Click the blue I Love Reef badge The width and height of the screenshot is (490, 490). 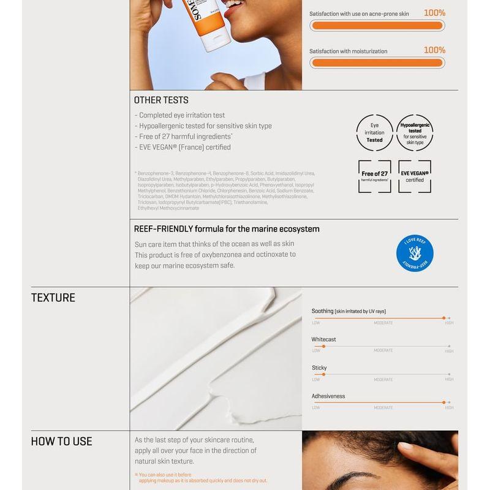coord(415,253)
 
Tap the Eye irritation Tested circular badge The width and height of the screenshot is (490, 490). coord(374,133)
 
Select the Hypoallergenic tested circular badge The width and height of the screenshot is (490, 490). coord(415,133)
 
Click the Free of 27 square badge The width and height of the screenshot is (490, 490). coord(374,176)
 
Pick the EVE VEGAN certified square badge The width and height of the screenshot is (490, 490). coord(415,176)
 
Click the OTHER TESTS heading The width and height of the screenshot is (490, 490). coord(161,100)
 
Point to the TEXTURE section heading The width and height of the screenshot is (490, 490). coord(53,298)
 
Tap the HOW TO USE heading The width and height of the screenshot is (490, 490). coord(61,441)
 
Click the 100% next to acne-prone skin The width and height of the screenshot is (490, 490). coord(434,13)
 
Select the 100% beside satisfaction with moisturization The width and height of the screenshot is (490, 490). coord(434,50)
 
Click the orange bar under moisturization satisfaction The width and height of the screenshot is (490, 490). coord(377,62)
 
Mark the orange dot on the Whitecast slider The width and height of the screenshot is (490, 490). coord(323,346)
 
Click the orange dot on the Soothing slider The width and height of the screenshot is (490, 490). coord(443,318)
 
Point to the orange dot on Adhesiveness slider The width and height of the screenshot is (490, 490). coord(443,402)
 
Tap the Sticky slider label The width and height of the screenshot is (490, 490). coord(319,367)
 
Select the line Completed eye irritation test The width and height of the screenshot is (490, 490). coord(179,115)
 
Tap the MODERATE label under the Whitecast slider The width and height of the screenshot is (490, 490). coord(383,351)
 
